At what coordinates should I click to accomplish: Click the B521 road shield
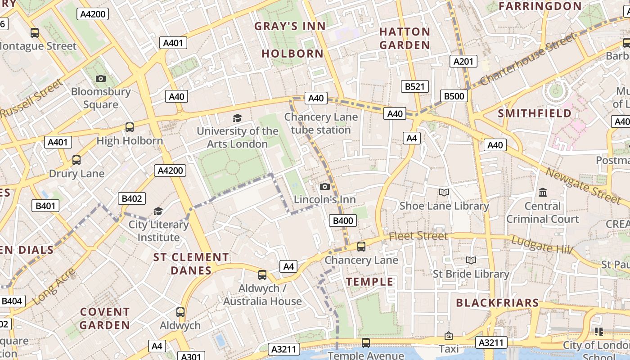click(x=414, y=86)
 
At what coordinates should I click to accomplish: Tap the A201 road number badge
click(x=463, y=61)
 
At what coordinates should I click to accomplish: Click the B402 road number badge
click(x=132, y=198)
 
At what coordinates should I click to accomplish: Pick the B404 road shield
click(x=11, y=301)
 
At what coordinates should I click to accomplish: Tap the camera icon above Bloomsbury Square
click(x=101, y=79)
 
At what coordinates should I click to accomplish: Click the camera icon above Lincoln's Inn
click(x=324, y=187)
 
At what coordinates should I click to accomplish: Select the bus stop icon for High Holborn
click(x=130, y=127)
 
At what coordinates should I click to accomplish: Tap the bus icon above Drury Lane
click(x=76, y=160)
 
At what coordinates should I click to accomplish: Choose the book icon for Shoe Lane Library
click(x=444, y=193)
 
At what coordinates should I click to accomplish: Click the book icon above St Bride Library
click(x=471, y=261)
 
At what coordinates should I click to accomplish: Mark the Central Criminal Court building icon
click(x=543, y=193)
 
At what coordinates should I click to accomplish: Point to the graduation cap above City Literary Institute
click(x=158, y=211)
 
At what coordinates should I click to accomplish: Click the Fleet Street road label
click(x=418, y=236)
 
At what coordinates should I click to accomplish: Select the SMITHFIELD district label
click(x=535, y=113)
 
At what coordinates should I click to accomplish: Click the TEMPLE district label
click(x=369, y=282)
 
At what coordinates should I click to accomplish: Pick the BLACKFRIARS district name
click(x=497, y=303)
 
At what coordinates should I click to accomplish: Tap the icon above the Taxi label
click(x=449, y=336)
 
